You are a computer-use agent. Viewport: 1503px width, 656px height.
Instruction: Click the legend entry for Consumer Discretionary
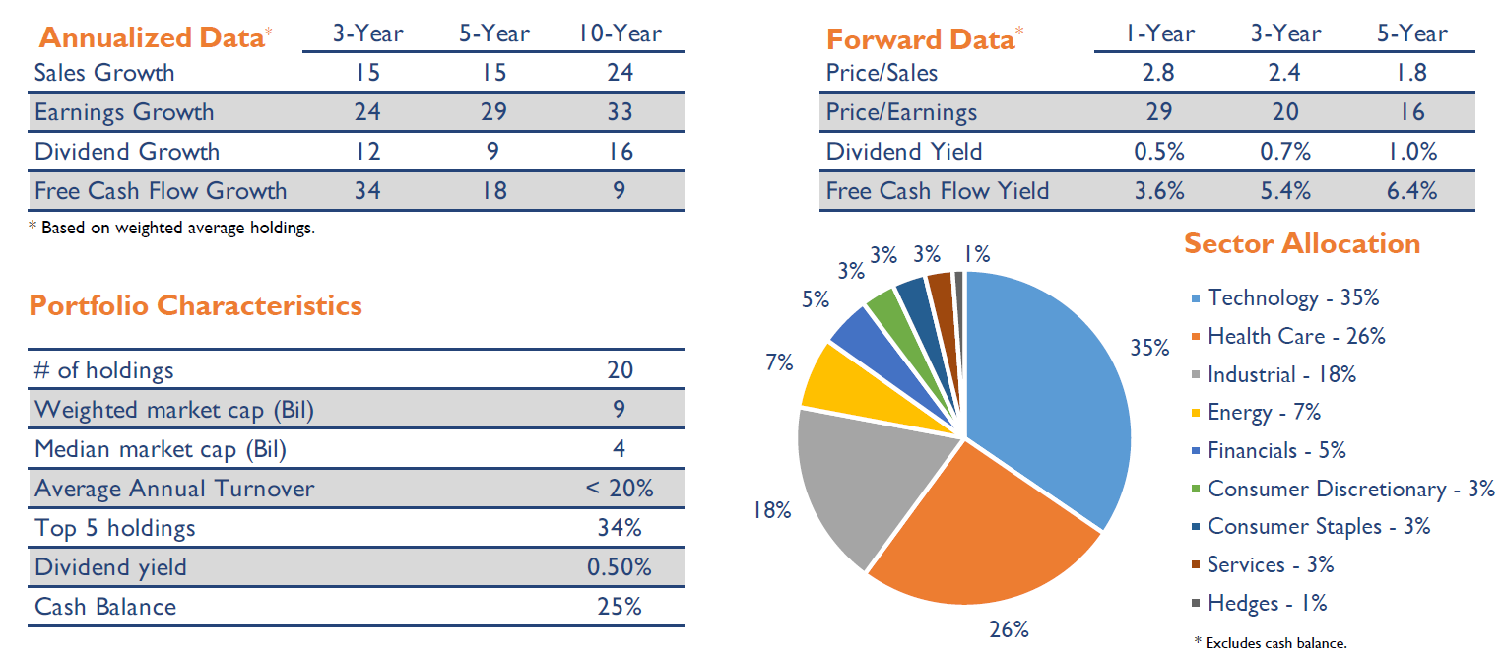1350,489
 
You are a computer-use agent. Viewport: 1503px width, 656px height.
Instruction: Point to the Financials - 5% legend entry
1275,450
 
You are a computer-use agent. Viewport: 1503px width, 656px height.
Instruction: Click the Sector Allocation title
1301,243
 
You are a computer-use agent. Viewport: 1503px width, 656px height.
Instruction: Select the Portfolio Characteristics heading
196,305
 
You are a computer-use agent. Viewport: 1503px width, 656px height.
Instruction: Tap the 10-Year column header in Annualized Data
620,33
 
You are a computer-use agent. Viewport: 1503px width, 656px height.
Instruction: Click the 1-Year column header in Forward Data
1159,33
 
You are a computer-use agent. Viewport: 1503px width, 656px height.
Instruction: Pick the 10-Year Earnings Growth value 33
620,111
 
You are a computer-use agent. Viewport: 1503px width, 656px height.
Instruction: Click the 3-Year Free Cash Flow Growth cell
367,190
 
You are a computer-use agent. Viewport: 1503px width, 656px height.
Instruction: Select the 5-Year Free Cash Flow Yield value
1411,190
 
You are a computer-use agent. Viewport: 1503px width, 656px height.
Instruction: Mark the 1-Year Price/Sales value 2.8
1159,72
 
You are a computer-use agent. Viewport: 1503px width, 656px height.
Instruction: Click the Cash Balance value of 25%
620,606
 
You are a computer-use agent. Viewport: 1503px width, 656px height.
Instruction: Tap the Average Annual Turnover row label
174,489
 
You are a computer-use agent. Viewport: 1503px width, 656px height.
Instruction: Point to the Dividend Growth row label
127,151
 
